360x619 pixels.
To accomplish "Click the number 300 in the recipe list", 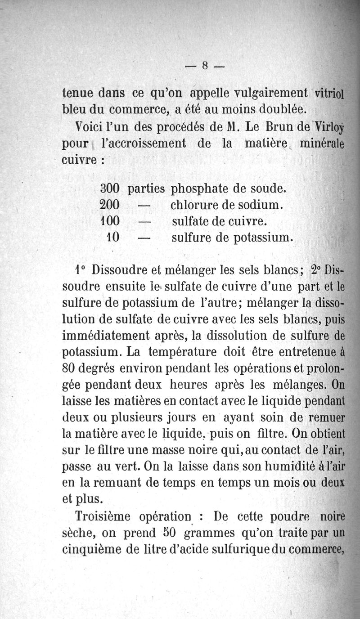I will click(109, 188).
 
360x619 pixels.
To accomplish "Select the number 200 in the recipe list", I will click(109, 205).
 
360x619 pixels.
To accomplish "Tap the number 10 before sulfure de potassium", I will click(112, 237).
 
